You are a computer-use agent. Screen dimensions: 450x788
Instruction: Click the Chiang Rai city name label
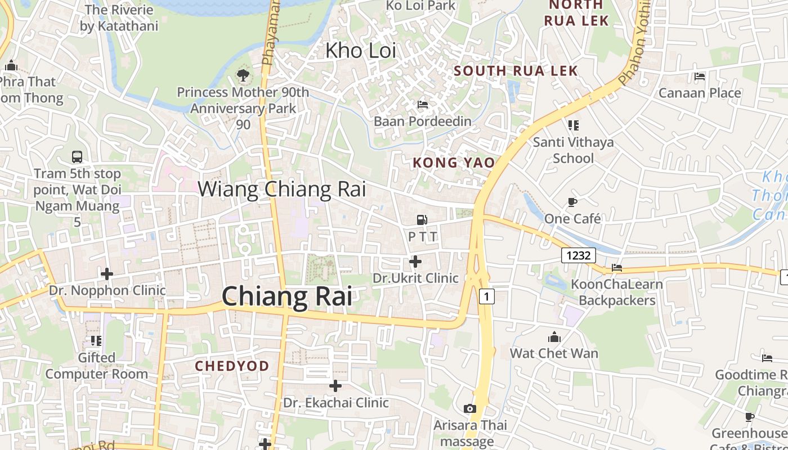click(x=287, y=296)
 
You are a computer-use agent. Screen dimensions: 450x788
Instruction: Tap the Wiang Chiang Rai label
click(x=281, y=189)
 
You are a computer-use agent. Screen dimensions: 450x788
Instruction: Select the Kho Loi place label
click(x=361, y=51)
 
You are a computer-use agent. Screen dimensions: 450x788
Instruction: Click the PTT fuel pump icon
click(x=422, y=220)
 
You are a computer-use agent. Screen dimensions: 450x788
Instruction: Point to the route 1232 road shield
click(x=579, y=255)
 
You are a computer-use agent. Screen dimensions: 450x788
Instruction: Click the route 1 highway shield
click(x=487, y=296)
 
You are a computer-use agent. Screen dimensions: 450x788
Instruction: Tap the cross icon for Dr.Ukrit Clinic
click(x=415, y=262)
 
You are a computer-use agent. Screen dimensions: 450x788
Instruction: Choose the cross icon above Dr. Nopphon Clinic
click(x=107, y=274)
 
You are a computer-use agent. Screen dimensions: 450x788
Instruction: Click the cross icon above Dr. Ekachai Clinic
click(x=335, y=386)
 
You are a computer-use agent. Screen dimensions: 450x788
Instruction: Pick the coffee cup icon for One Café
click(x=572, y=202)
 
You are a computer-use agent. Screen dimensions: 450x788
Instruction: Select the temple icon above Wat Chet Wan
click(x=554, y=337)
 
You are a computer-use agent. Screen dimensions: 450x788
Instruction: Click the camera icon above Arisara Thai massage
click(x=470, y=408)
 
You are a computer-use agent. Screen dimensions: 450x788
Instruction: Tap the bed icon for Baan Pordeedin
click(x=423, y=105)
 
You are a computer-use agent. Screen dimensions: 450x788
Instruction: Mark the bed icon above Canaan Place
click(x=700, y=76)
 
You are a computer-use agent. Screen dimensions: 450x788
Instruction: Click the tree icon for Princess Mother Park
click(x=243, y=75)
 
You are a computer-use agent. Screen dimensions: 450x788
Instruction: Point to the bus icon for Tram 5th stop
click(x=77, y=157)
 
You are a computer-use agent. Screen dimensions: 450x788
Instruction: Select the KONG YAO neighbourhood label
click(x=454, y=163)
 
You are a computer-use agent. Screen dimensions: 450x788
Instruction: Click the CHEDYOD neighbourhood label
click(x=232, y=366)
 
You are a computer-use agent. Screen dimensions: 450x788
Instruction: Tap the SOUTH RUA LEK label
click(x=516, y=71)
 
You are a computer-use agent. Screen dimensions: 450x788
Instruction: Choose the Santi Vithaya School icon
click(x=573, y=125)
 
